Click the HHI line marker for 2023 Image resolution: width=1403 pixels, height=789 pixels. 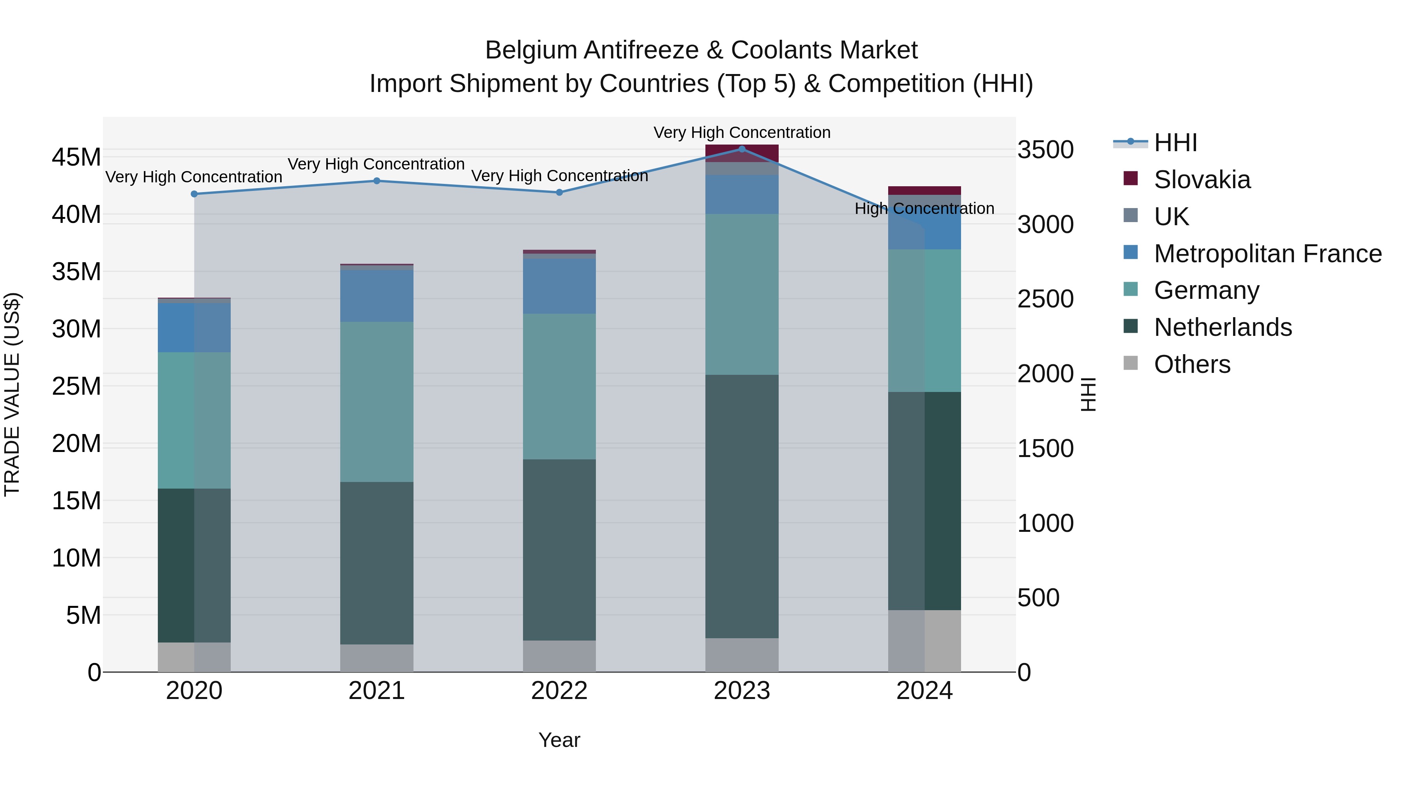[741, 149]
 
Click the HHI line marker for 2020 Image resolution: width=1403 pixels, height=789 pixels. [194, 194]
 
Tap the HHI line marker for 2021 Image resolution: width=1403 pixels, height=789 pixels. [376, 181]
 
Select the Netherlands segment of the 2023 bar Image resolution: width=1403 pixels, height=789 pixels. [741, 507]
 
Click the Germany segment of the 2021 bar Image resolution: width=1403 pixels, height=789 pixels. [376, 402]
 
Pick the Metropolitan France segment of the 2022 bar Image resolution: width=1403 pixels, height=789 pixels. [559, 286]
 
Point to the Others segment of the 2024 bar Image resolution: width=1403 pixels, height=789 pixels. [924, 641]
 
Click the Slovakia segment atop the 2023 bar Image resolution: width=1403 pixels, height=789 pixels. [741, 153]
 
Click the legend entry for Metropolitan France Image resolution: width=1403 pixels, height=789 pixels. [1267, 254]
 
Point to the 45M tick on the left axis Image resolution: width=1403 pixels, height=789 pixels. [76, 157]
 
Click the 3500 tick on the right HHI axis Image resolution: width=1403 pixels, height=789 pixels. [1045, 150]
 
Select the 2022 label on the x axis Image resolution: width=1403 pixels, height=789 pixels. [559, 691]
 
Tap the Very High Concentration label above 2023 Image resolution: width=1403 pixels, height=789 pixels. [741, 132]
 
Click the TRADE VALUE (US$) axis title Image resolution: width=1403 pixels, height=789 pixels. [12, 394]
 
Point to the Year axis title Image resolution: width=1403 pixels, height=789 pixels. [559, 740]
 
